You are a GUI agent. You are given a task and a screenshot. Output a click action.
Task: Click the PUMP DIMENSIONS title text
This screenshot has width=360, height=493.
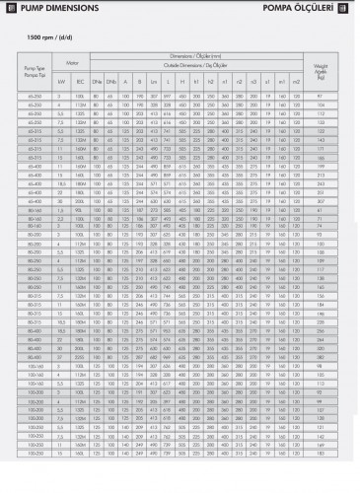click(48, 10)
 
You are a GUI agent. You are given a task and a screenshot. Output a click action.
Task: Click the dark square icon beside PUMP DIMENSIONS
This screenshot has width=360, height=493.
click(7, 10)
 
